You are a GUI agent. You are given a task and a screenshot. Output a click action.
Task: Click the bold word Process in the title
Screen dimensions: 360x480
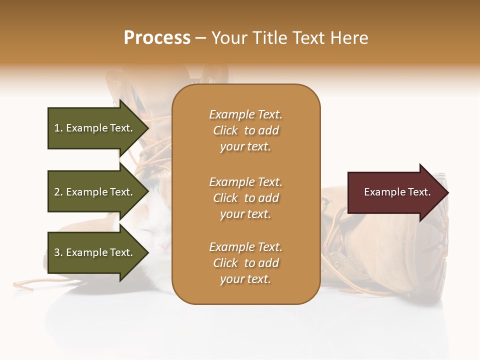tap(157, 37)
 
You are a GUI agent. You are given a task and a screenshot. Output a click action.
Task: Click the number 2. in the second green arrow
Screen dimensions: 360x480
tap(58, 192)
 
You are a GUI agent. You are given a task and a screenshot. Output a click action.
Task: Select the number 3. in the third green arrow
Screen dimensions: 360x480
tap(58, 252)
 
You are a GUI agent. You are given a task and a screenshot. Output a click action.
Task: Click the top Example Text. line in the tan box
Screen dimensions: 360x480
tap(245, 114)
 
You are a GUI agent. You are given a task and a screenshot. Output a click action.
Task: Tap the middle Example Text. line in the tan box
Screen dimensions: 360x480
tap(245, 181)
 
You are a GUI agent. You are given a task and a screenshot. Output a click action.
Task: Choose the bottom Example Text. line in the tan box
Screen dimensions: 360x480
tap(245, 247)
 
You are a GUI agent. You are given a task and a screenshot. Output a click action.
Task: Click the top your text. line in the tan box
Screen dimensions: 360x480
tap(245, 146)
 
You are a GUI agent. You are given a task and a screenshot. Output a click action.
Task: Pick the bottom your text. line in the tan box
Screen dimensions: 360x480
tap(245, 279)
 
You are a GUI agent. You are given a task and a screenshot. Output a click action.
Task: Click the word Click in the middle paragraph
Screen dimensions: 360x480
tap(225, 198)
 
